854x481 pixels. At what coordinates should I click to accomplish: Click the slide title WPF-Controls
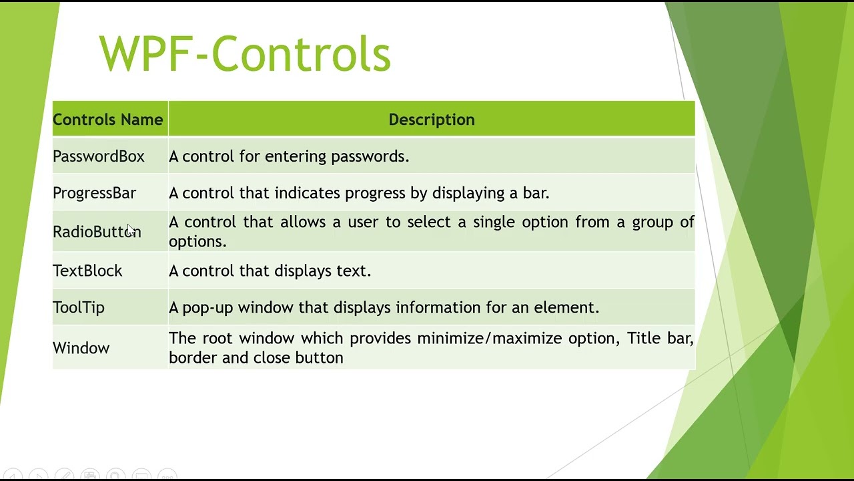tap(244, 53)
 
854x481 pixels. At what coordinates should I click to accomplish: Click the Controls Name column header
tap(108, 120)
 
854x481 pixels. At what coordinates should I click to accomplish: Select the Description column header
tap(431, 120)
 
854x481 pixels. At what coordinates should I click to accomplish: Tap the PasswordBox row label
tap(99, 156)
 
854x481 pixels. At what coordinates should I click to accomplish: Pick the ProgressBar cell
tap(94, 193)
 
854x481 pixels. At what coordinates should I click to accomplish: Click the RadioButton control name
tap(97, 232)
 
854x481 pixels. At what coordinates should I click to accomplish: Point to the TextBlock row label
tap(87, 271)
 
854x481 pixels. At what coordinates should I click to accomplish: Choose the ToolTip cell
tap(79, 307)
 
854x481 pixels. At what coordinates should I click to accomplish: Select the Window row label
tap(81, 348)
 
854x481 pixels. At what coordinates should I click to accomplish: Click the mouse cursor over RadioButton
tap(131, 229)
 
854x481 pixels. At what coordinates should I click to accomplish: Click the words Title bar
tap(660, 338)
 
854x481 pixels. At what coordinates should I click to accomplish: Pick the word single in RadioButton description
tap(494, 222)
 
